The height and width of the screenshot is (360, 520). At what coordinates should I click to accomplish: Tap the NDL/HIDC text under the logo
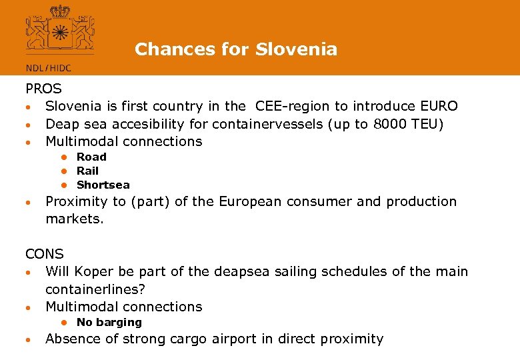(48, 68)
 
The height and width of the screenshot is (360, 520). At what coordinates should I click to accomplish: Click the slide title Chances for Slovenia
(236, 49)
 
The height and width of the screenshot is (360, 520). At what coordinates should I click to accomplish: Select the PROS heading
(43, 89)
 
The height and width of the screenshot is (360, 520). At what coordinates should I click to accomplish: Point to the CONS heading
(45, 254)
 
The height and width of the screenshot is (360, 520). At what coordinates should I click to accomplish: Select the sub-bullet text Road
(91, 157)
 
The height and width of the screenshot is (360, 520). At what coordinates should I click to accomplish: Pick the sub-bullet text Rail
(87, 171)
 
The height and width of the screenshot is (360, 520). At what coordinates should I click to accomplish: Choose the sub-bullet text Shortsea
(103, 185)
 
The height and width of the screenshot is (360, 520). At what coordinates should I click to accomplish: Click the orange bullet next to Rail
(66, 171)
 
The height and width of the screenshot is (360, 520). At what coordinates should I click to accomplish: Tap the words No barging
(109, 322)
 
